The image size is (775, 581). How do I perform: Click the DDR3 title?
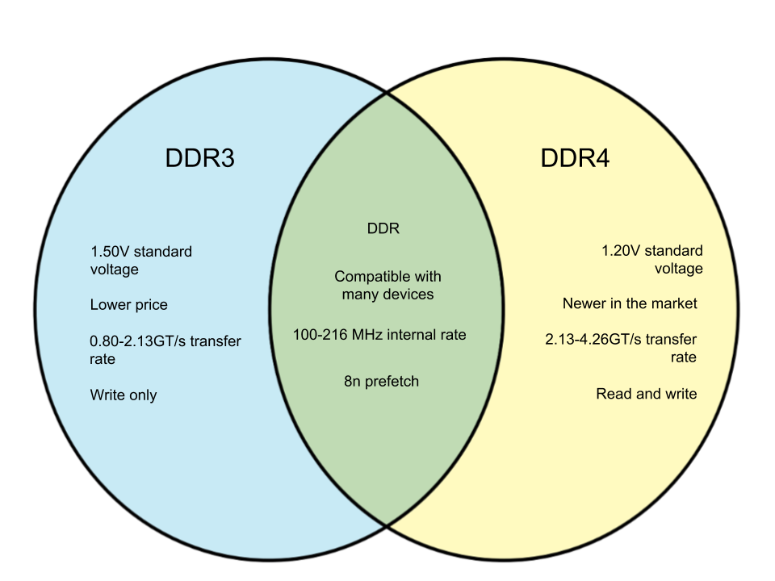[199, 158]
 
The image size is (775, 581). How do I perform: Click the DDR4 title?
[575, 158]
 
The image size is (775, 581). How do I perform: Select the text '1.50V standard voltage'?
[140, 261]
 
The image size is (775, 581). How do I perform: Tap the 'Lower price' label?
[128, 305]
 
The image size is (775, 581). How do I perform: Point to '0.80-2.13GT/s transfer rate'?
[165, 349]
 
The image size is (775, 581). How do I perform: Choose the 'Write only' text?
[124, 395]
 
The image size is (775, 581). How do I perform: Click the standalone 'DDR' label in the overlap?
[383, 228]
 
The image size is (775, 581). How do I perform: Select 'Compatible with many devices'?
[387, 285]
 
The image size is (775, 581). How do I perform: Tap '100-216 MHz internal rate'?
[379, 334]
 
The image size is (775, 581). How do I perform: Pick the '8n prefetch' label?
[381, 382]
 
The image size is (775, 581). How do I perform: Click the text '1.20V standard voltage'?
[652, 259]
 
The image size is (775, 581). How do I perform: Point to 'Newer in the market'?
[630, 303]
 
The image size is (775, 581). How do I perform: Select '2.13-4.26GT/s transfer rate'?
[621, 348]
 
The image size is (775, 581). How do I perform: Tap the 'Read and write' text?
[647, 394]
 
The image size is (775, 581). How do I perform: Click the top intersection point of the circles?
[387, 92]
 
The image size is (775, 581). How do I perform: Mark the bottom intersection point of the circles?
[387, 526]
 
